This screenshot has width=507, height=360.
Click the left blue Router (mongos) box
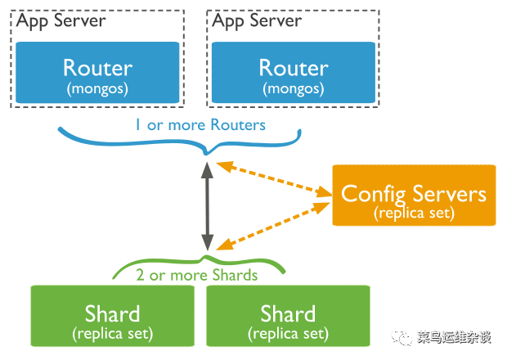97,73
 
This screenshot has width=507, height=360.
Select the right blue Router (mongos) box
294,73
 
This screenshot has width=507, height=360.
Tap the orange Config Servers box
414,195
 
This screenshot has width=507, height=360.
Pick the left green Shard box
113,316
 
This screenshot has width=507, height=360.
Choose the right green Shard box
288,316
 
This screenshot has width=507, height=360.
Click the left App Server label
61,21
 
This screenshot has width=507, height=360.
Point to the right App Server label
257,21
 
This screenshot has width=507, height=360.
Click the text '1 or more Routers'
200,125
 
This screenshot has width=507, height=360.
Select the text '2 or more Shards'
197,275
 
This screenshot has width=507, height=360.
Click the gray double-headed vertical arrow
207,206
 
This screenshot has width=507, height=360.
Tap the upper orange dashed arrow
274,179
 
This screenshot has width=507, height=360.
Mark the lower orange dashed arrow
273,227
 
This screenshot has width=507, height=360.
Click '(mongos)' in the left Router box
97,88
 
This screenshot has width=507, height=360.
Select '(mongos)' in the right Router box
294,88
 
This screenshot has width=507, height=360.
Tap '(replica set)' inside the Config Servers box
415,214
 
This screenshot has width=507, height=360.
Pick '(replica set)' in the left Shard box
113,334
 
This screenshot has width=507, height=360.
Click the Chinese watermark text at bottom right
454,337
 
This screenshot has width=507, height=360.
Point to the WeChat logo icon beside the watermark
402,337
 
